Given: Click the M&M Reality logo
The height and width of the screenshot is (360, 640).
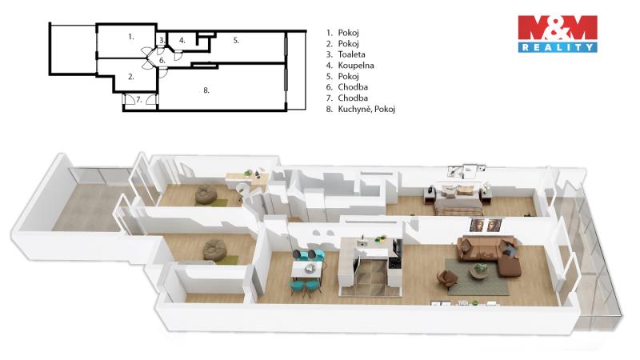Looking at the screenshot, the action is point(558,34).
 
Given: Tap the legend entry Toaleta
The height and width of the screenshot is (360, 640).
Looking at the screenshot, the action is point(351,54).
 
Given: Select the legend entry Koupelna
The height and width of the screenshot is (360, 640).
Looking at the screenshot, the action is point(355,66).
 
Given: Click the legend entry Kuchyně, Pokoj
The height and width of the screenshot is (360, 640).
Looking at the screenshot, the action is point(366,109).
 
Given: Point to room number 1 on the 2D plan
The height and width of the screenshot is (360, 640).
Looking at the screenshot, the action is point(131,37).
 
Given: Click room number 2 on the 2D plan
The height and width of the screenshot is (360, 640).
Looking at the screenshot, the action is point(131,76).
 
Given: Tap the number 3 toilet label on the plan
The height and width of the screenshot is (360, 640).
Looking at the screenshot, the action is point(162,41).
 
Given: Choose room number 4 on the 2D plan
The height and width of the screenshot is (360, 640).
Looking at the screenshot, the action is point(182,41).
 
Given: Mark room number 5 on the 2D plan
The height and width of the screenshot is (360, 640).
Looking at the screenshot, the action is point(236,41).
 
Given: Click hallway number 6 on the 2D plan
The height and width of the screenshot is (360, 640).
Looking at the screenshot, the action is point(162,61).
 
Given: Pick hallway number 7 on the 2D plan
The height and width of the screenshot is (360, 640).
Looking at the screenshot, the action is point(138,99).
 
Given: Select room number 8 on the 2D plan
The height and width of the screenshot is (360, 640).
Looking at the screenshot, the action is point(206,90).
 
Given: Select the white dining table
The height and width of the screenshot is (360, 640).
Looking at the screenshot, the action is point(306,270).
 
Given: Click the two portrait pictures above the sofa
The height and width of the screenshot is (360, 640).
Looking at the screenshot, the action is point(486,225).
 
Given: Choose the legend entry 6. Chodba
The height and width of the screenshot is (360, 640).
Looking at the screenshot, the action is point(347,87).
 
